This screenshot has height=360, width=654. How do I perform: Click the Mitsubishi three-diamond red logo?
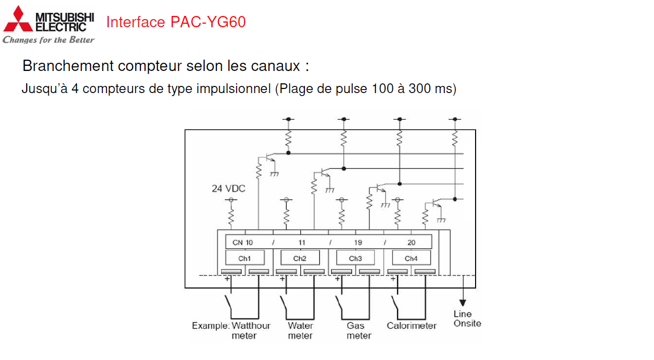pyautogui.click(x=17, y=20)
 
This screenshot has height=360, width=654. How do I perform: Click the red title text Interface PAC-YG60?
pyautogui.click(x=176, y=22)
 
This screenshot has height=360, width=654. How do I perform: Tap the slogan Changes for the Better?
pyautogui.click(x=48, y=40)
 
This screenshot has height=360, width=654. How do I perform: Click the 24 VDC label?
pyautogui.click(x=228, y=189)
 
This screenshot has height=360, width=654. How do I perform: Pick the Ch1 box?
pyautogui.click(x=245, y=258)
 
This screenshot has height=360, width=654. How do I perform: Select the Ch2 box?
pyautogui.click(x=300, y=258)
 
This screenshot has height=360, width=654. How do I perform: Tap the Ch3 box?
pyautogui.click(x=355, y=258)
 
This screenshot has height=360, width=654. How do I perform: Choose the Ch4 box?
pyautogui.click(x=411, y=258)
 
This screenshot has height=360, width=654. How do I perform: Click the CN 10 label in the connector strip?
pyautogui.click(x=243, y=242)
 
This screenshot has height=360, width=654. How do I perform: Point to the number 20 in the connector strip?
pyautogui.click(x=411, y=242)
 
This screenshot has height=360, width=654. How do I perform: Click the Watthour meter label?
pyautogui.click(x=250, y=331)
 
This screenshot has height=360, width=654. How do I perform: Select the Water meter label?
pyautogui.click(x=300, y=331)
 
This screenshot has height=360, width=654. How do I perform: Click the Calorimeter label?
pyautogui.click(x=411, y=326)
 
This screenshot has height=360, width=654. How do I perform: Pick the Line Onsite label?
pyautogui.click(x=467, y=318)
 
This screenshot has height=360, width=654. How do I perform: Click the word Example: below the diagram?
pyautogui.click(x=210, y=326)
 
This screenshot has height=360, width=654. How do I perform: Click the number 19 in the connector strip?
pyautogui.click(x=358, y=242)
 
